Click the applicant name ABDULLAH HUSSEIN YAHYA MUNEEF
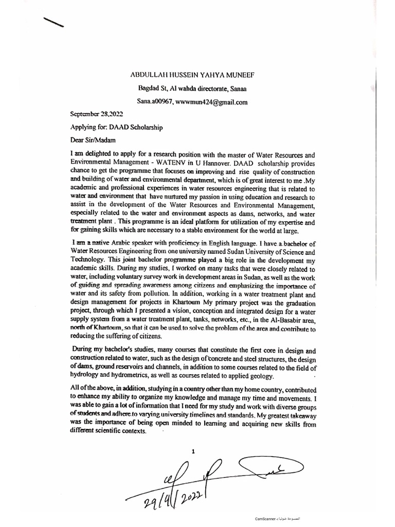(x=192, y=75)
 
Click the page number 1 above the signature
(x=193, y=451)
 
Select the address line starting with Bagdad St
(x=192, y=89)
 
